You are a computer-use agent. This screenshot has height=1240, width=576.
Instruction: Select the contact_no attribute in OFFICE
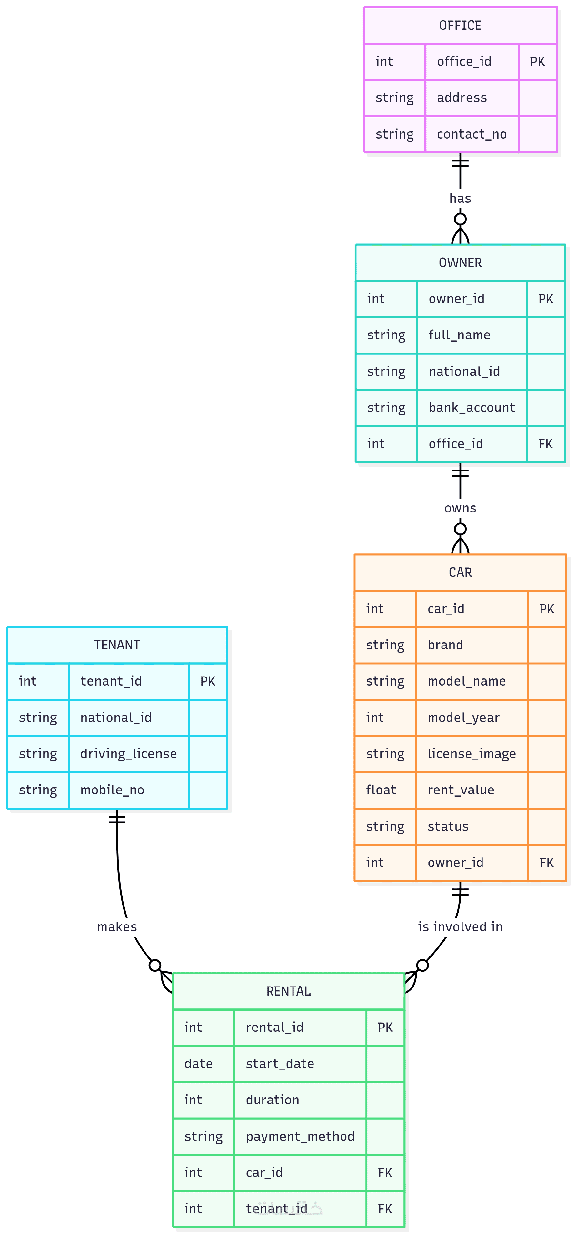[471, 134]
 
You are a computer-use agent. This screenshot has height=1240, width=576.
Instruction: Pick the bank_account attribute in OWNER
[471, 408]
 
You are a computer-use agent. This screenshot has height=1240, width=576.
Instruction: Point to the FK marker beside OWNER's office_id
[545, 444]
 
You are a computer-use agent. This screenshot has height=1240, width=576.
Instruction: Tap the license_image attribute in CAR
[471, 754]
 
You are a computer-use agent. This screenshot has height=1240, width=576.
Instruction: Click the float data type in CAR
[381, 790]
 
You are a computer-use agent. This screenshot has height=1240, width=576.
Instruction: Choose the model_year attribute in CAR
[463, 718]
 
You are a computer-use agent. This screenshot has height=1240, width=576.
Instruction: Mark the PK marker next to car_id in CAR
[546, 609]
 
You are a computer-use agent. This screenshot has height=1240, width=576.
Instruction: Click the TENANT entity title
[117, 645]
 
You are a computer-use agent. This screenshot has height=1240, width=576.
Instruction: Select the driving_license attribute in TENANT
[128, 754]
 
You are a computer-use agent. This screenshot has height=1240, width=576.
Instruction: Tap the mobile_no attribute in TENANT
[112, 790]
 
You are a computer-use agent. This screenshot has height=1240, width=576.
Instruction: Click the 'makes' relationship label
[117, 927]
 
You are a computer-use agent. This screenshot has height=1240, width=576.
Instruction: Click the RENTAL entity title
[288, 991]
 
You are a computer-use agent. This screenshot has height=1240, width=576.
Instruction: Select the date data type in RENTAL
[198, 1064]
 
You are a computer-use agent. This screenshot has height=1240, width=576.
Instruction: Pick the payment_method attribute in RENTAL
[300, 1137]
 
